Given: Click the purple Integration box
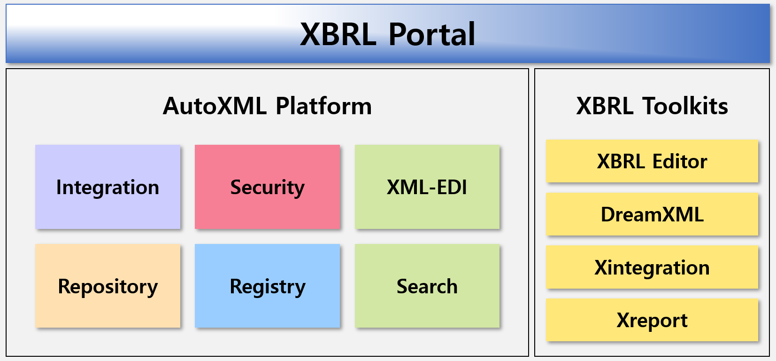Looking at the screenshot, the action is pos(108,187).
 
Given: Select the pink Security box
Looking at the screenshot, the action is pos(268,187).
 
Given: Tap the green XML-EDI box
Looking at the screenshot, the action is pos(427,187).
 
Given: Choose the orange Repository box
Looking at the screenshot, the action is pos(108,286).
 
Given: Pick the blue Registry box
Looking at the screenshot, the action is pos(268,286).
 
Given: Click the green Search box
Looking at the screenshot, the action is pos(427,286).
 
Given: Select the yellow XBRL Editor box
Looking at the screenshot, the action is pos(652,161).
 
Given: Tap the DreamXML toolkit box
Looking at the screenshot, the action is pos(652,214).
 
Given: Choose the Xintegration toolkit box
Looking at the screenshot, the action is pos(652,267).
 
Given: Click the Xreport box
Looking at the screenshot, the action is pos(652,320).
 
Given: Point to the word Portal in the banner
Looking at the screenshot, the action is pos(431,34).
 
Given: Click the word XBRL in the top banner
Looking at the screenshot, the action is pos(338,34).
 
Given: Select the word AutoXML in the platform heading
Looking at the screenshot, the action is pos(215,106).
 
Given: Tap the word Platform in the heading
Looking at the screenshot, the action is pos(323,106).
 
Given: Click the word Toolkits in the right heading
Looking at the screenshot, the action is pos(685,105).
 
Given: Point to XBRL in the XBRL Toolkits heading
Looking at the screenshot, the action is pos(605,105).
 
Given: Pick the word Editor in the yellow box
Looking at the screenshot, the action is pos(680,161).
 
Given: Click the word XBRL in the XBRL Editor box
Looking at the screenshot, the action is pos(620,161).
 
